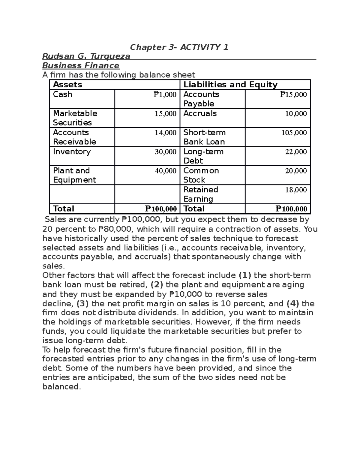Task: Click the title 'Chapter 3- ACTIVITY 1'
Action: pos(179,47)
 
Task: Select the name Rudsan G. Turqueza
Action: pos(86,56)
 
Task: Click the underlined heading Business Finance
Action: pos(81,65)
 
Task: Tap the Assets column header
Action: pos(67,85)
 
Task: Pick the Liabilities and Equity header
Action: pos(230,85)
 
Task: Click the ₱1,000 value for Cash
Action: pos(165,95)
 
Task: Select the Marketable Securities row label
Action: pos(75,118)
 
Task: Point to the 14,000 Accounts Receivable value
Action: pos(165,133)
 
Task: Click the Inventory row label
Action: pos(72,152)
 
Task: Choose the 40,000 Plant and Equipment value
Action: pos(165,171)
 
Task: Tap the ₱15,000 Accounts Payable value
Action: pos(293,95)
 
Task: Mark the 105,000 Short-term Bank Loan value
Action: pos(294,133)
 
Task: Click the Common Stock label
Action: pos(201,175)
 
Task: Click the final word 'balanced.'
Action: pos(62,387)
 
